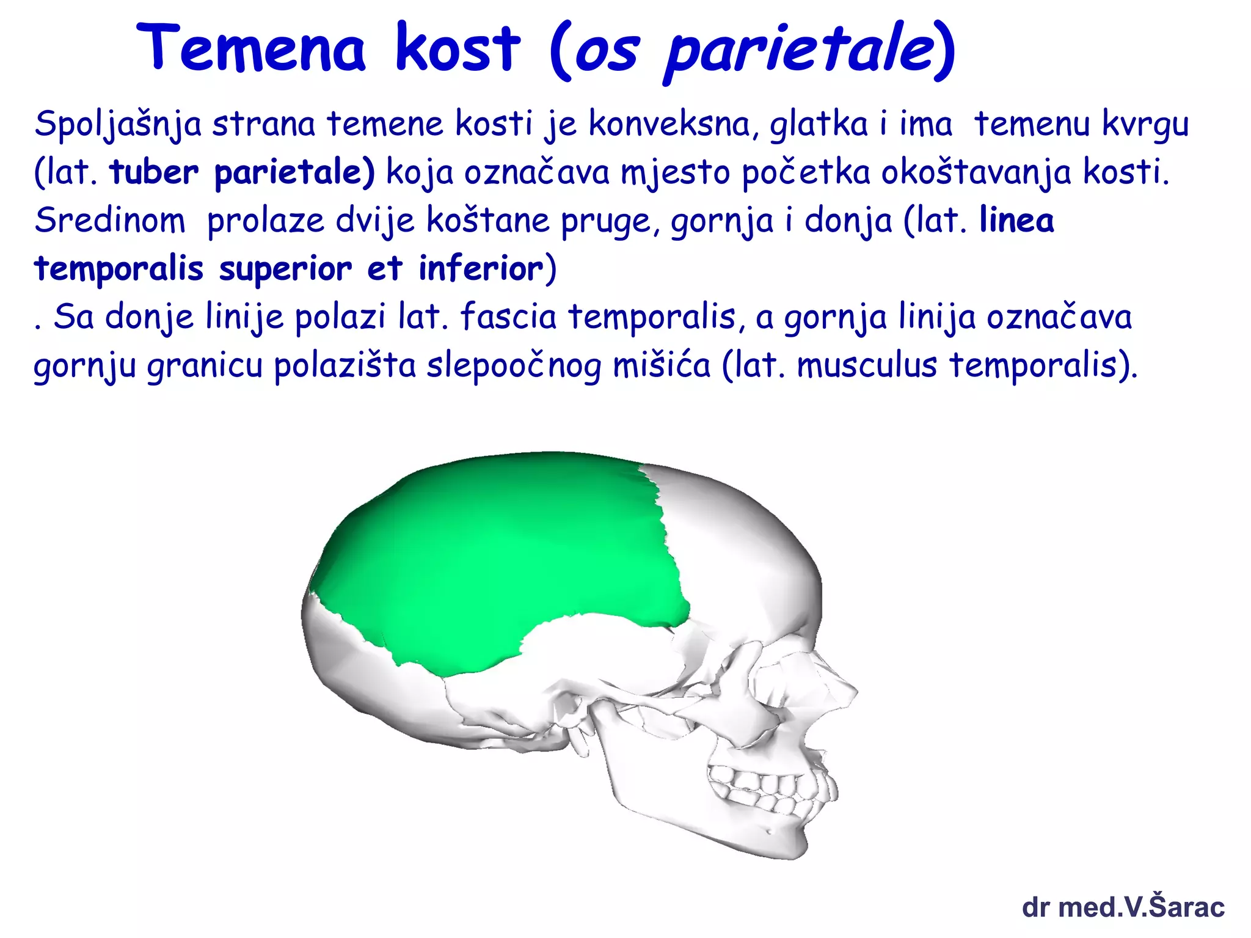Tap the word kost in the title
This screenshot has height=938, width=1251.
(x=458, y=48)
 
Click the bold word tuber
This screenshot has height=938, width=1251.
(x=154, y=172)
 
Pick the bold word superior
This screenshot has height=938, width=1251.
(x=285, y=269)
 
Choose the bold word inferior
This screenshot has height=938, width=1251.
(x=480, y=269)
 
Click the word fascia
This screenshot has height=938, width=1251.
(x=508, y=317)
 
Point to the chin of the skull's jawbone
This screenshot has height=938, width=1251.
(x=788, y=846)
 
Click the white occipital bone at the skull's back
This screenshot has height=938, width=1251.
(x=342, y=648)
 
